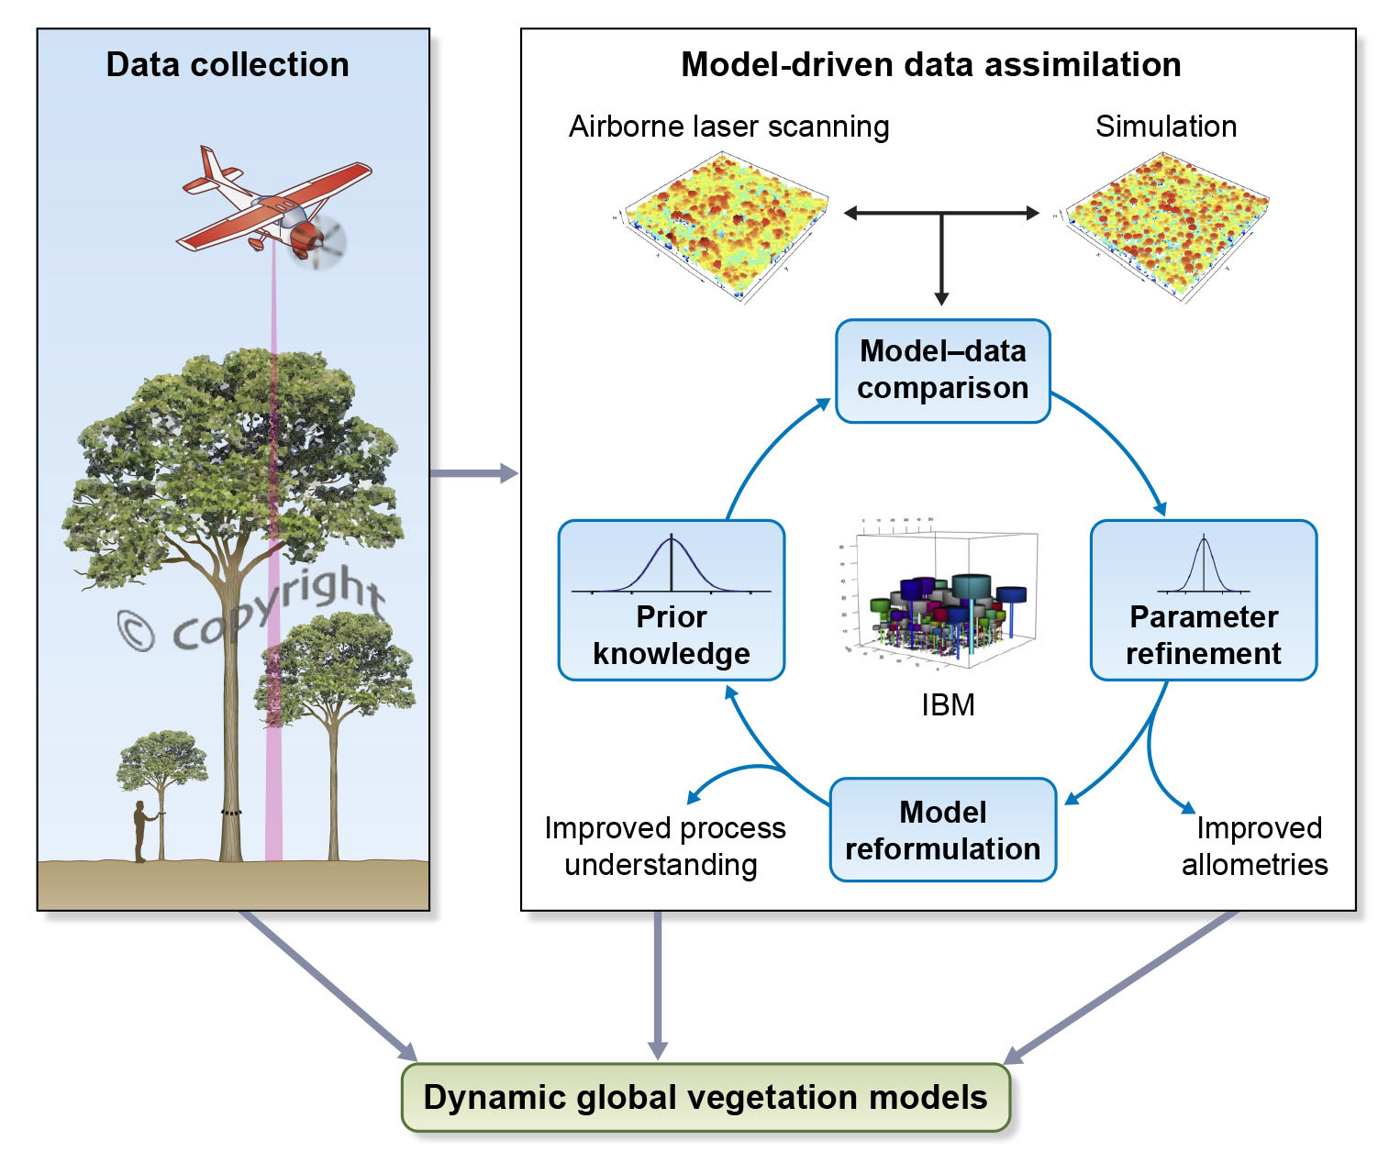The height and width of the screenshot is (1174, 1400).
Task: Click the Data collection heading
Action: (x=228, y=65)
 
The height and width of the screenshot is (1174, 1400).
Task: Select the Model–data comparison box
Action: (x=942, y=371)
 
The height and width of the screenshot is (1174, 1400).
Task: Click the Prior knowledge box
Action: (x=671, y=601)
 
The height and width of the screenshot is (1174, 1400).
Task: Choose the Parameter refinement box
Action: (x=1203, y=601)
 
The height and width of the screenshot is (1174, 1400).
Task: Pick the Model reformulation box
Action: (x=942, y=830)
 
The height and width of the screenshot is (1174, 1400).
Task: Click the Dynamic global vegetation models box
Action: (x=706, y=1097)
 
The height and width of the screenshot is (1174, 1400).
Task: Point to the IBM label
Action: (x=948, y=704)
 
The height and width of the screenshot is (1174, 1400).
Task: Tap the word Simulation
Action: (x=1165, y=127)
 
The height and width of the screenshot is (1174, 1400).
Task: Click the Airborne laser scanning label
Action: (x=728, y=127)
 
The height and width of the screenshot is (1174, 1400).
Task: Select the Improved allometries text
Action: (x=1254, y=846)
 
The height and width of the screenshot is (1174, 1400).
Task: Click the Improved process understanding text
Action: (x=664, y=846)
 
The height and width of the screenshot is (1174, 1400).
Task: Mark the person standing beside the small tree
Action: (x=140, y=831)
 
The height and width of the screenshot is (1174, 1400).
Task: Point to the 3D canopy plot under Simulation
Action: (x=1165, y=225)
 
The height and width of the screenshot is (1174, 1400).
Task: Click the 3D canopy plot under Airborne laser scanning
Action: (x=725, y=225)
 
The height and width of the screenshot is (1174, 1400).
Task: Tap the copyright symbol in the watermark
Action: (x=137, y=631)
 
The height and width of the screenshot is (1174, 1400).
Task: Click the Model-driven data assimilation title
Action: (x=930, y=65)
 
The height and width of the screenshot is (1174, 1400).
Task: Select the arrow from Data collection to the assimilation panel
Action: (x=473, y=473)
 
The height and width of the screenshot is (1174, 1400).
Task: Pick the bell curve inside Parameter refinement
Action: (x=1203, y=565)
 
